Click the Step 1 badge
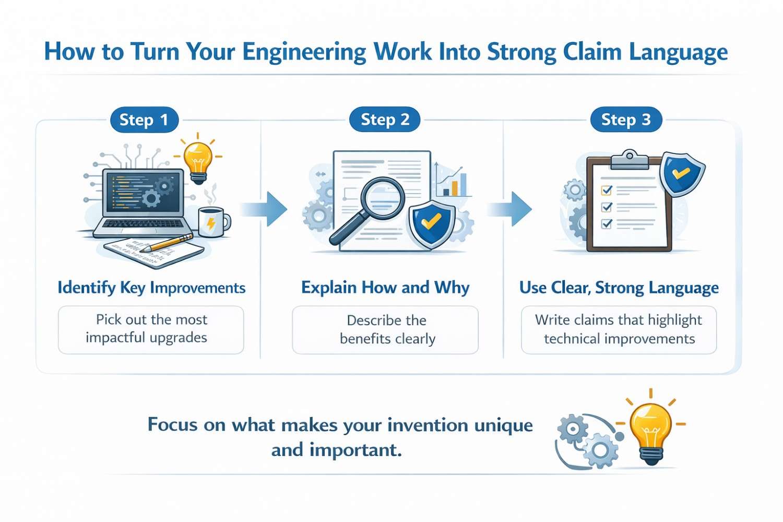pos(144,120)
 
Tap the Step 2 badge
pos(385,120)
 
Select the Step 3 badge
pos(626,120)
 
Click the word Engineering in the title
pos(304,52)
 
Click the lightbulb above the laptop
pos(198,159)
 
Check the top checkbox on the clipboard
pos(607,190)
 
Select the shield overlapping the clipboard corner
pos(681,174)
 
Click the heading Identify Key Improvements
pos(151,288)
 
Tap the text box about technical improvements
pos(619,329)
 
